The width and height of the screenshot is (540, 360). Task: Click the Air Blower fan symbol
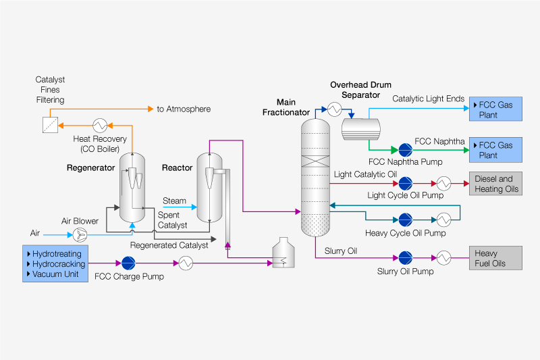pos(80,234)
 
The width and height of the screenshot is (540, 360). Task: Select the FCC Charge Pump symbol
pos(128,263)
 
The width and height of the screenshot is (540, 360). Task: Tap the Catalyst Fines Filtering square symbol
pos(48,125)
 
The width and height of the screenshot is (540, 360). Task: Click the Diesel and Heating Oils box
pos(496,184)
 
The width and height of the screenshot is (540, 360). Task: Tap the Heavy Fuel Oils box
pos(496,257)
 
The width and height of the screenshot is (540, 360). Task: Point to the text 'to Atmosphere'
pos(184,109)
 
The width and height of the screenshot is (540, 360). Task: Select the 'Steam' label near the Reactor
pos(174,201)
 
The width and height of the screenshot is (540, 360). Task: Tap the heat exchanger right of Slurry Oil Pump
pos(444,257)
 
